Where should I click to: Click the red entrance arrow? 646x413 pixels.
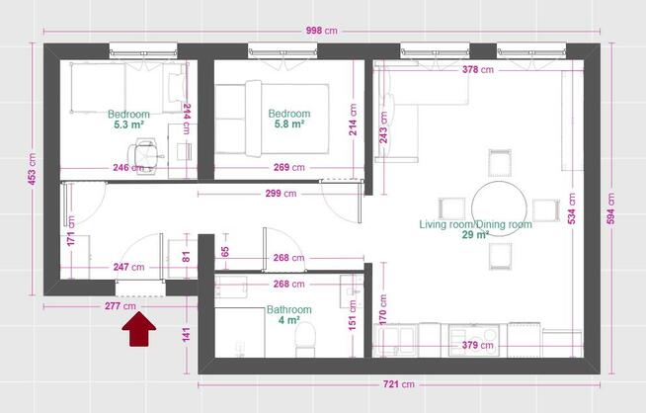pyautogui.click(x=139, y=329)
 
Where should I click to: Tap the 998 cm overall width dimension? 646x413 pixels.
pyautogui.click(x=321, y=31)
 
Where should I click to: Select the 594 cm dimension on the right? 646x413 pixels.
pyautogui.click(x=611, y=208)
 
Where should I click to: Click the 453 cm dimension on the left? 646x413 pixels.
pyautogui.click(x=33, y=169)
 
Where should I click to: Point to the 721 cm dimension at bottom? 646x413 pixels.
pyautogui.click(x=399, y=384)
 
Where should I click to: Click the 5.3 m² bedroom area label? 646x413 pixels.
pyautogui.click(x=128, y=124)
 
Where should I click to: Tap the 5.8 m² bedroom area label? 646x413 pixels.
pyautogui.click(x=289, y=124)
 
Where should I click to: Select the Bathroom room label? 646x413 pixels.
pyautogui.click(x=288, y=309)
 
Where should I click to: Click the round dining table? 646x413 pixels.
pyautogui.click(x=499, y=209)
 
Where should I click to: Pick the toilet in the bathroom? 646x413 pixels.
pyautogui.click(x=305, y=339)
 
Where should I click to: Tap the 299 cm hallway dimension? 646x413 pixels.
pyautogui.click(x=281, y=194)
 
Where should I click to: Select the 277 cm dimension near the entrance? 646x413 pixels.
pyautogui.click(x=120, y=306)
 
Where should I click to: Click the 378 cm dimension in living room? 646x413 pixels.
pyautogui.click(x=477, y=70)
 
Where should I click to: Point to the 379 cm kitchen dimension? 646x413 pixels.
pyautogui.click(x=477, y=345)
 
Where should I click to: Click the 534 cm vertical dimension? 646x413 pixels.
pyautogui.click(x=572, y=208)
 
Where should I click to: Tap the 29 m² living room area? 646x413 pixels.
pyautogui.click(x=475, y=235)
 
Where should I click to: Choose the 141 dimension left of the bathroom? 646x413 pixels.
pyautogui.click(x=187, y=334)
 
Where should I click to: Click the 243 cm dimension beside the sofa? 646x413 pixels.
pyautogui.click(x=383, y=127)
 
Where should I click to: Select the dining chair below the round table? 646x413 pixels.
pyautogui.click(x=500, y=256)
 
